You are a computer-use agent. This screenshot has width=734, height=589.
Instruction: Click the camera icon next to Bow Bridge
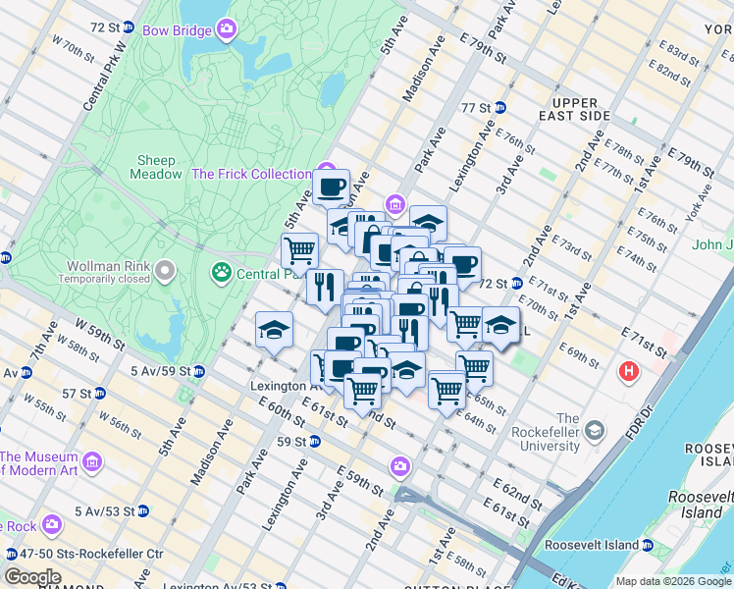(228, 30)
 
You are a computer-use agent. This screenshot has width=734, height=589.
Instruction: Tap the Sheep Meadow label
(156, 167)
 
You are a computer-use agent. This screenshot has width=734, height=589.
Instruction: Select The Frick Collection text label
(251, 174)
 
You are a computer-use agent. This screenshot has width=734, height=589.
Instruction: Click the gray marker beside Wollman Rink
(165, 268)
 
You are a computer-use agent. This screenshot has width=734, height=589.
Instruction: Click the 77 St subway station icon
(499, 107)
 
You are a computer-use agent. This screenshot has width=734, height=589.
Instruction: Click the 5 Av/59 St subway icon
(198, 372)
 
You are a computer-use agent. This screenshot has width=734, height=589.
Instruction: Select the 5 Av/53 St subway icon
(143, 510)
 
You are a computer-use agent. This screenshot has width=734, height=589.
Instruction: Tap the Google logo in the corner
(32, 577)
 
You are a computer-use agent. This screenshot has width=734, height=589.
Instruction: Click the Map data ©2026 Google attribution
(673, 581)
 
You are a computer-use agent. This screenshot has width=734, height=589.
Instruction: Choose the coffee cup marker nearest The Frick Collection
(332, 185)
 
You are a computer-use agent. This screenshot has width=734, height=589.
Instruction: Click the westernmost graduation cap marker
(274, 329)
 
